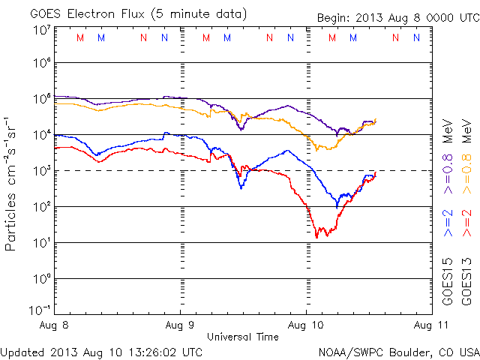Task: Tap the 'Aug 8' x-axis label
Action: coord(55,325)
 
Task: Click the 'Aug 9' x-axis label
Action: coord(181,325)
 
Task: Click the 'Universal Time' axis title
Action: coord(243,337)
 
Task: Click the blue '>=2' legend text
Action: coord(448,224)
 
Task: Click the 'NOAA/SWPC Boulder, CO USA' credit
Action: coord(398,351)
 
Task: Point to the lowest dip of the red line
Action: coord(316,237)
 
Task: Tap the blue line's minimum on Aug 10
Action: coord(337,206)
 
